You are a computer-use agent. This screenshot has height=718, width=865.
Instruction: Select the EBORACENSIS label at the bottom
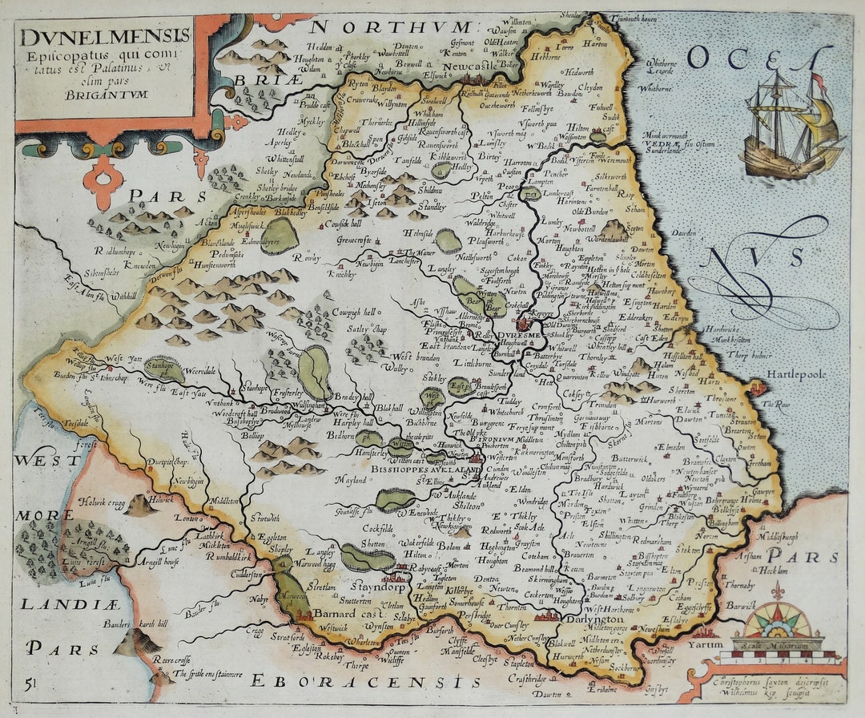coord(357,681)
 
